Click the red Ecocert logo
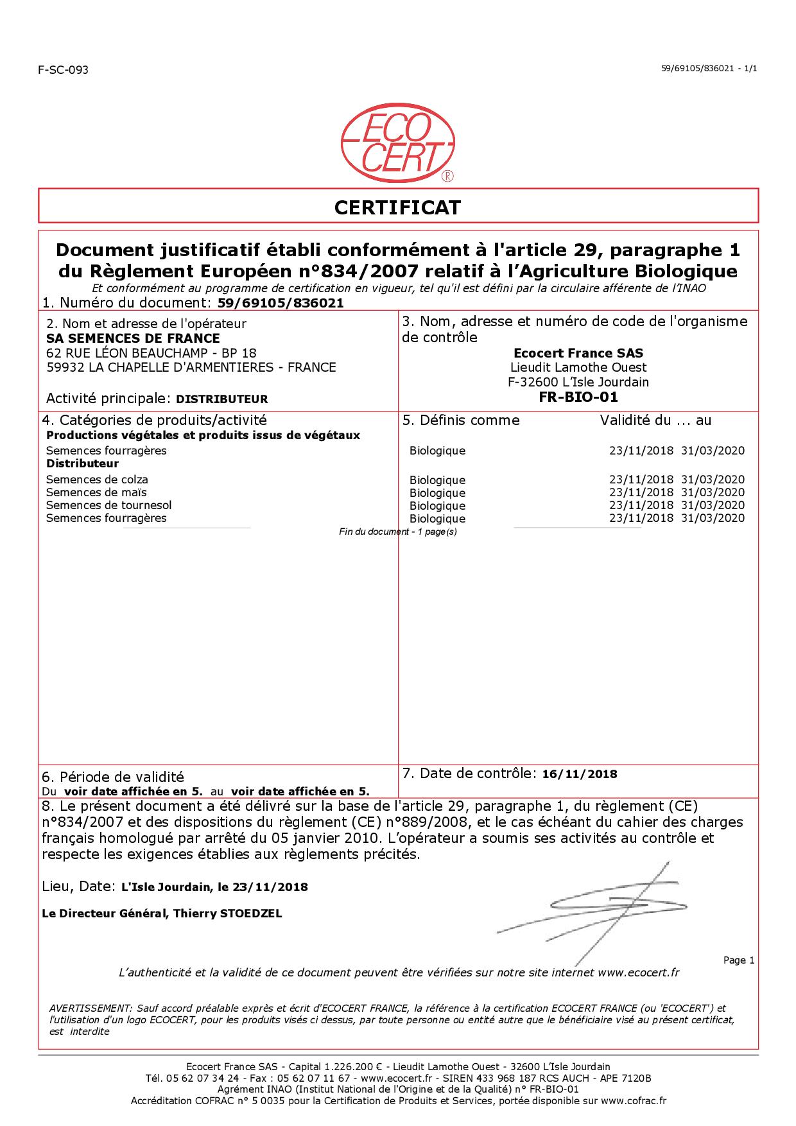click(x=397, y=143)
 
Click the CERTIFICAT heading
click(x=397, y=207)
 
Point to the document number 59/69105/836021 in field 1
click(x=281, y=303)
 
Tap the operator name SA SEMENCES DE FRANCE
click(x=134, y=338)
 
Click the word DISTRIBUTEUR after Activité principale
click(x=221, y=399)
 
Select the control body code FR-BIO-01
click(x=578, y=397)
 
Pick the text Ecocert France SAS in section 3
click(x=578, y=353)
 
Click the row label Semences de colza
click(x=97, y=480)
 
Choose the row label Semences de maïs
click(x=96, y=492)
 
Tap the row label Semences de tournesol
click(x=108, y=505)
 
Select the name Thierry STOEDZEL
click(x=228, y=914)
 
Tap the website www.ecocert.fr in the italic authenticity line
click(x=638, y=973)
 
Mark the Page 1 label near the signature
click(x=739, y=960)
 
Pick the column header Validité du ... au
click(x=655, y=420)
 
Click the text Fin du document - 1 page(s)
click(x=397, y=532)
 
